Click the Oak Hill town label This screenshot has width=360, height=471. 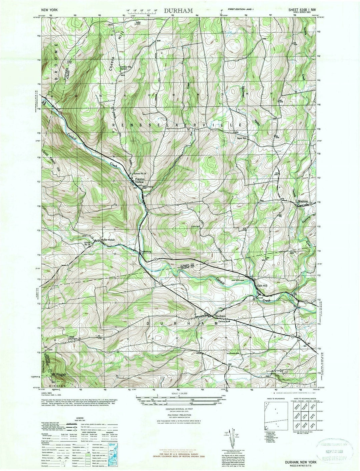[262, 285]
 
